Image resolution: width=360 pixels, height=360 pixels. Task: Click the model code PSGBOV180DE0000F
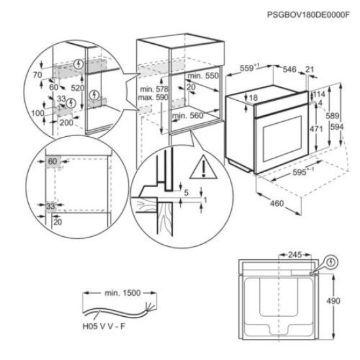click(308, 15)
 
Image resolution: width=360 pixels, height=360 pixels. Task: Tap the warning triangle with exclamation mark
click(204, 168)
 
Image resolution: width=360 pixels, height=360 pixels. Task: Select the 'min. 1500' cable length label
click(122, 293)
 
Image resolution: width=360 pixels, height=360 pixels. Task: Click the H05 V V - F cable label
click(104, 326)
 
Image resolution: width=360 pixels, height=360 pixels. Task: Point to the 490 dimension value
click(333, 301)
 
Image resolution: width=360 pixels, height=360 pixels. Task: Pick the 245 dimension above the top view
click(295, 255)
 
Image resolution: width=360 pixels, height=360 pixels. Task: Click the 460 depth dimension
click(277, 203)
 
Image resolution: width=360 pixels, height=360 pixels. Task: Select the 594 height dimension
click(337, 126)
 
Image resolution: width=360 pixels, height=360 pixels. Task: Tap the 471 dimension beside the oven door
click(316, 129)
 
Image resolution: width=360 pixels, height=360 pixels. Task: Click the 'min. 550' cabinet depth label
click(203, 75)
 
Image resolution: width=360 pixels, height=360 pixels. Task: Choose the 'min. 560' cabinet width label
click(188, 115)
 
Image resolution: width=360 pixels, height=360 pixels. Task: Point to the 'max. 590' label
click(153, 98)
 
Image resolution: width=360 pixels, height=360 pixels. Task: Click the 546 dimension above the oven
click(289, 69)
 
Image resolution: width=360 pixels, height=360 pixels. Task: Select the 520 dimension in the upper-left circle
click(78, 88)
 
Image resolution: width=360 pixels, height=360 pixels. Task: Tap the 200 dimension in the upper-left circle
click(67, 122)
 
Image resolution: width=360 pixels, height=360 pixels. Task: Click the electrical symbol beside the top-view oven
click(331, 262)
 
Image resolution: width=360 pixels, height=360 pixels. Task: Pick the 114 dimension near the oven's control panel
click(319, 94)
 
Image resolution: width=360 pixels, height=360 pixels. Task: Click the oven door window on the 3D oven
click(282, 139)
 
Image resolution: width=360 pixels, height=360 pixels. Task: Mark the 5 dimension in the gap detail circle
click(186, 192)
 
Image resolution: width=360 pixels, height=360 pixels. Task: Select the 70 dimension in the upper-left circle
click(37, 75)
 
